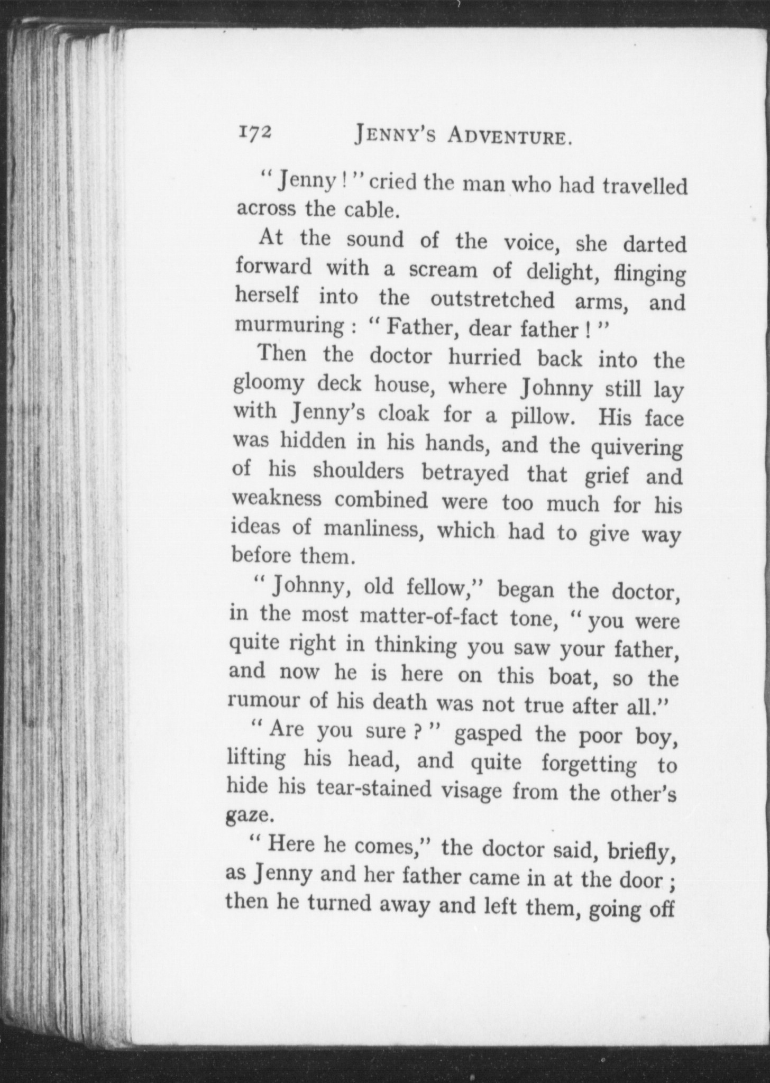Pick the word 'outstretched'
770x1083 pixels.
tap(492, 300)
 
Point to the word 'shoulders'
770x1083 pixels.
tap(358, 471)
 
